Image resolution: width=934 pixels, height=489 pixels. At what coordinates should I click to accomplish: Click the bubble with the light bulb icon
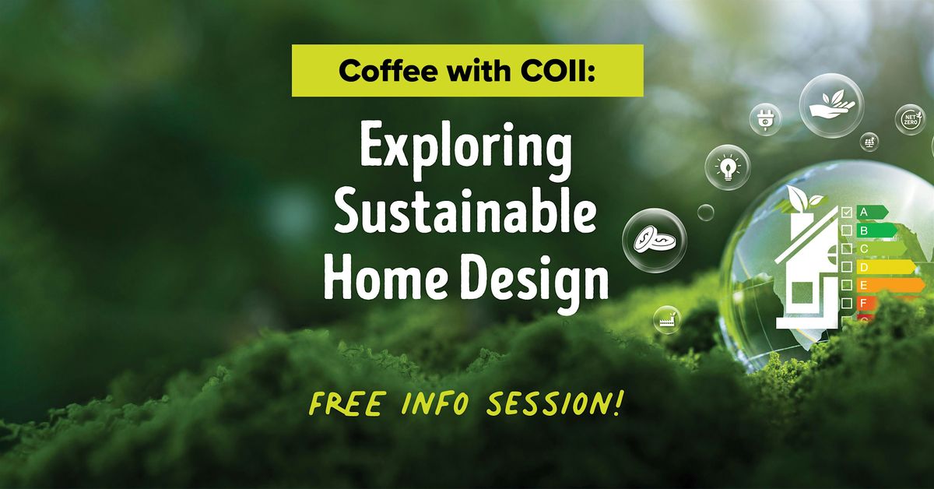coord(728,167)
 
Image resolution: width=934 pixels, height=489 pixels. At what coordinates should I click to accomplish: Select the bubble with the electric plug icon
coord(764,119)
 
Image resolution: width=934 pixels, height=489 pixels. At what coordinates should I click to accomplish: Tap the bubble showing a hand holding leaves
coord(831,105)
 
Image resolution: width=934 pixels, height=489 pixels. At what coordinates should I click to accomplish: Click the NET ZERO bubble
coord(909,120)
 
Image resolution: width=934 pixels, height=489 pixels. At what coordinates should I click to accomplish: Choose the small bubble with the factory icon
coord(667,319)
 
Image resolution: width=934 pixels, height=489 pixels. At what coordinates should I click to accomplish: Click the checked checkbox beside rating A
coord(847,212)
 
